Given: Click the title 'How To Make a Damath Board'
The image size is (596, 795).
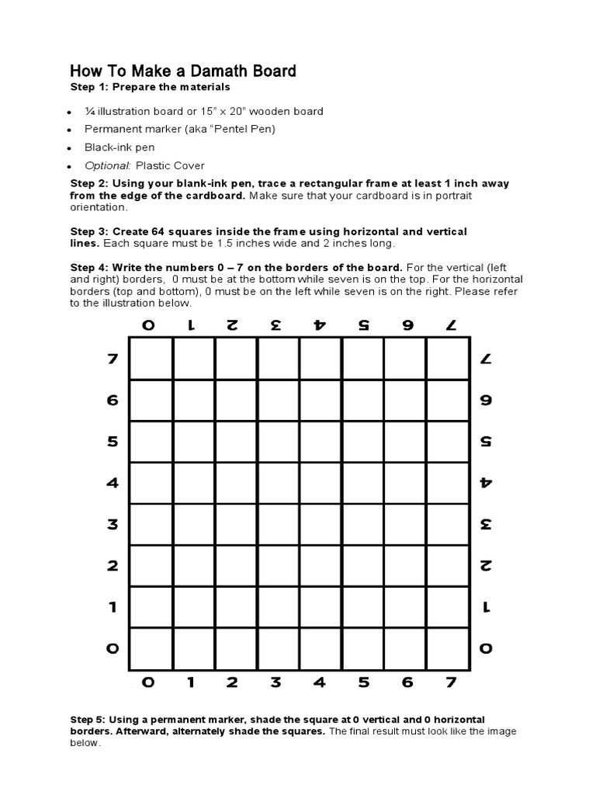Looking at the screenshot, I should point(183,71).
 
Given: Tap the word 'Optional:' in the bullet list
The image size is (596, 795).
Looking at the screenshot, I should point(108,166).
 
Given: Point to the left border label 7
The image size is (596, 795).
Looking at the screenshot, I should point(113,359).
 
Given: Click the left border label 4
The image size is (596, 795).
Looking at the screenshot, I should point(113,483).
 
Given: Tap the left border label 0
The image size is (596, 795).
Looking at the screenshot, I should point(113,647).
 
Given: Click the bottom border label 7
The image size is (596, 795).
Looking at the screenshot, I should point(448,683).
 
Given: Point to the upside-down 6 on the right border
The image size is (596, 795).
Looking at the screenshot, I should point(486,401).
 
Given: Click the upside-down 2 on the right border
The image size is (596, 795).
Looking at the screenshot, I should point(486,565).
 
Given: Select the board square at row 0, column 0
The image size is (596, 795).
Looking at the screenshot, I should point(151,647).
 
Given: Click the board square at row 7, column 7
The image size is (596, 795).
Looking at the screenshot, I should point(448,359).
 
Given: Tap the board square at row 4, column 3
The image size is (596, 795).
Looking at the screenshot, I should point(278,483).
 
